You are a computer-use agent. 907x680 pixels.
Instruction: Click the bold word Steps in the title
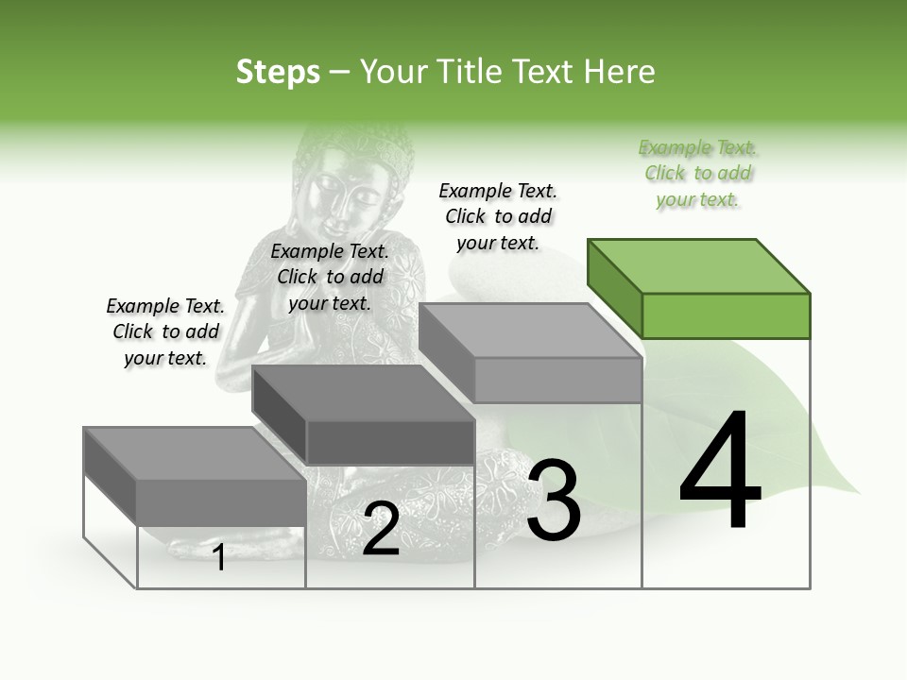(x=278, y=72)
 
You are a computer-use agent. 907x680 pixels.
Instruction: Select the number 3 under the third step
(x=554, y=501)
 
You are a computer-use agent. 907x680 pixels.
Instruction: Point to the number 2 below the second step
(x=381, y=529)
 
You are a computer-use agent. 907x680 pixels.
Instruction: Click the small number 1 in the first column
(x=219, y=557)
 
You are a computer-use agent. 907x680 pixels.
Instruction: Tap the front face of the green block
(x=726, y=315)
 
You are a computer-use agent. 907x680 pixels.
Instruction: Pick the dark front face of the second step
(x=390, y=442)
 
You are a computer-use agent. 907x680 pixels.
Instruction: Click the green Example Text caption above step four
(x=697, y=174)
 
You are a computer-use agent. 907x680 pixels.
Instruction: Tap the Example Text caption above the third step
(x=498, y=216)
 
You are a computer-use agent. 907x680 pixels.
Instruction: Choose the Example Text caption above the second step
(x=330, y=277)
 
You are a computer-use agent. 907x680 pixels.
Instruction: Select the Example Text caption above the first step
(x=165, y=331)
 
